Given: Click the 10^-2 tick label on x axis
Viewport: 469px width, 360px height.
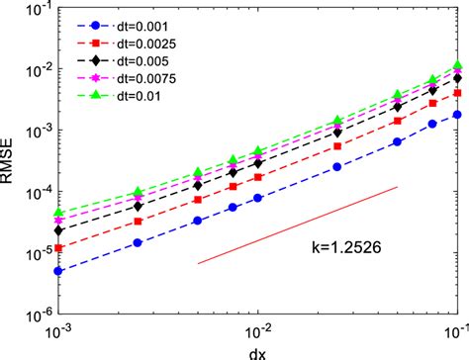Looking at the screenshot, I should pos(258,329).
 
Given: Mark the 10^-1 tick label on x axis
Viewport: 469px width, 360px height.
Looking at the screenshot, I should pos(455,329).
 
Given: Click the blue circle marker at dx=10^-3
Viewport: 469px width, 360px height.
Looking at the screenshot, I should pos(59,270).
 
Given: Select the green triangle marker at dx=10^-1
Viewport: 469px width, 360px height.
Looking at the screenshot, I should pos(456,66).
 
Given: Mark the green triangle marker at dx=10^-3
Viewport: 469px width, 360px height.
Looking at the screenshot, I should pos(59,212).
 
